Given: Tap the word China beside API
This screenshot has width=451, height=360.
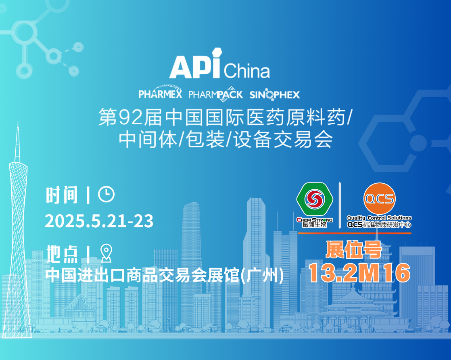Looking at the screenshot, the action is pyautogui.click(x=247, y=71).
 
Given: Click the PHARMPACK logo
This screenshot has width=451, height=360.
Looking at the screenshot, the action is pyautogui.click(x=216, y=94).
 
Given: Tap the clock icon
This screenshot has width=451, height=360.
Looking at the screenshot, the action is pyautogui.click(x=106, y=195).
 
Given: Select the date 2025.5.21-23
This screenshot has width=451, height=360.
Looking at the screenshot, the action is pyautogui.click(x=99, y=221).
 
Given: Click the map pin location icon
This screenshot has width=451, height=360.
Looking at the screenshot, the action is pyautogui.click(x=106, y=253).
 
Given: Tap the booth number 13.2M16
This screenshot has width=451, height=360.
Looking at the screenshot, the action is pyautogui.click(x=359, y=273).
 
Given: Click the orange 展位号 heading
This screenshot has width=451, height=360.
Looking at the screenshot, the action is pyautogui.click(x=354, y=249).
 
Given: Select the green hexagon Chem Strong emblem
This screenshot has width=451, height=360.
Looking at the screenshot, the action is pyautogui.click(x=315, y=199).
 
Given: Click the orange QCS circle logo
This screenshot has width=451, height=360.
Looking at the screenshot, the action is pyautogui.click(x=379, y=199).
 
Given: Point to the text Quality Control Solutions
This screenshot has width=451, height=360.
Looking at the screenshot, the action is pyautogui.click(x=379, y=218).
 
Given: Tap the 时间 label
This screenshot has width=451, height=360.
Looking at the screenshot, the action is pyautogui.click(x=62, y=195).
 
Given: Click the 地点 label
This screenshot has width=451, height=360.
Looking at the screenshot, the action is pyautogui.click(x=62, y=254).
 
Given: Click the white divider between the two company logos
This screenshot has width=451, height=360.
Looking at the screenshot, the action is pyautogui.click(x=340, y=205).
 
